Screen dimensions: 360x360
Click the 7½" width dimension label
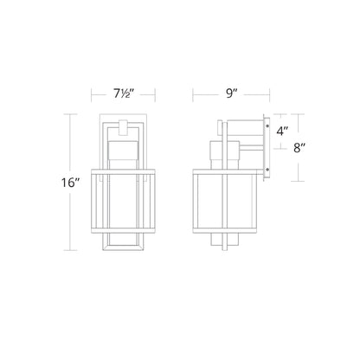click(x=123, y=93)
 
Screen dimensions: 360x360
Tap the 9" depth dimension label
click(x=231, y=93)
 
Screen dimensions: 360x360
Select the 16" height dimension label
click(x=70, y=183)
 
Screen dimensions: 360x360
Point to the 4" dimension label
click(x=282, y=132)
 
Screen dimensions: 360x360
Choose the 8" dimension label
click(x=299, y=148)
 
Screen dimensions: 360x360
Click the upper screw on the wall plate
click(x=267, y=125)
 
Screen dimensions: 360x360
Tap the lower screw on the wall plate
click(x=267, y=170)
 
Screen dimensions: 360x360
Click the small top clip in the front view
click(x=123, y=127)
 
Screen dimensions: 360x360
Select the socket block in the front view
click(x=123, y=150)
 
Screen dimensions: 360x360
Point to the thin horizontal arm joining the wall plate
click(x=251, y=148)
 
